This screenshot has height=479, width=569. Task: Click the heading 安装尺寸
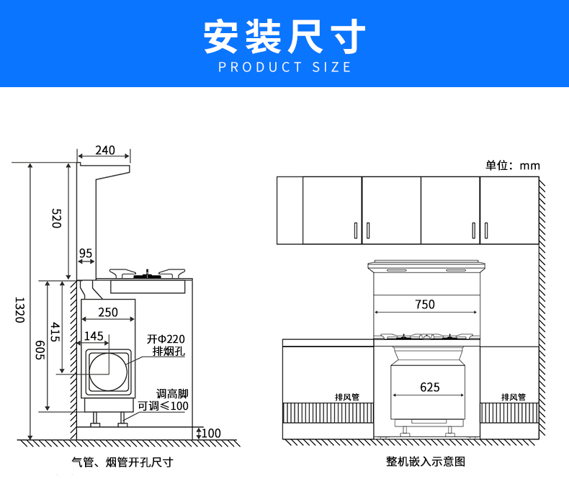click(x=284, y=36)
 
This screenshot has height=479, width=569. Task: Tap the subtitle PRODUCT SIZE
click(x=284, y=68)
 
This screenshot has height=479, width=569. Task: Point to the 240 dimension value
click(x=105, y=151)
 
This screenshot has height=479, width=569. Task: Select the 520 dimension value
click(x=56, y=218)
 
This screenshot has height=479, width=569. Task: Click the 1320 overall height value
click(x=19, y=310)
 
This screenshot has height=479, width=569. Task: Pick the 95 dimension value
click(x=86, y=254)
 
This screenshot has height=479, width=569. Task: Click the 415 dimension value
click(x=55, y=332)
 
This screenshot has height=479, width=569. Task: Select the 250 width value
click(x=107, y=313)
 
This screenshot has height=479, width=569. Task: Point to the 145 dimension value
click(x=94, y=336)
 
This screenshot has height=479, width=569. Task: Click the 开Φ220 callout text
click(x=166, y=339)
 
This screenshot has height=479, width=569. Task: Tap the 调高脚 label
click(x=172, y=394)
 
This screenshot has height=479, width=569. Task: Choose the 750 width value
click(x=425, y=304)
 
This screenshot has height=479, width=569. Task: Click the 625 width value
click(x=429, y=388)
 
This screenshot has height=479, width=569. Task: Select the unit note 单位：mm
click(x=512, y=166)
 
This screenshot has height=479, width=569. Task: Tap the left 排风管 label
click(x=347, y=397)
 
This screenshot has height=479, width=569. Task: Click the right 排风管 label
click(x=514, y=397)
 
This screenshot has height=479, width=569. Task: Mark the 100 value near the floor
click(x=211, y=433)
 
